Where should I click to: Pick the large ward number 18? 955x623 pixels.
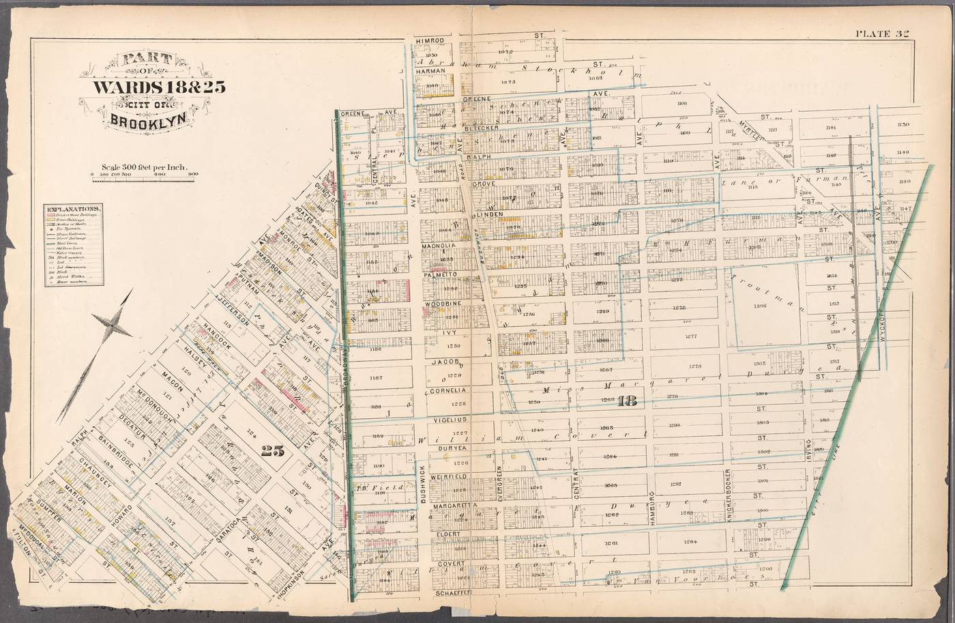(626, 402)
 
